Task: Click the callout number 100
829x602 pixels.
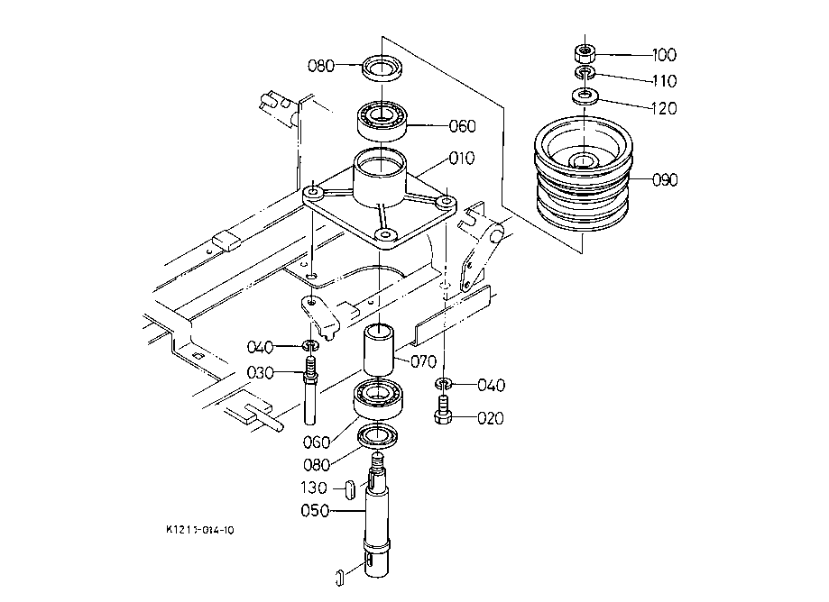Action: pos(664,55)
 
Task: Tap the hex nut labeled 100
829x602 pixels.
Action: pos(585,53)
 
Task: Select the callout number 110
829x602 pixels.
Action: pos(665,81)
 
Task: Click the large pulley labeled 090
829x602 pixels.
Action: pos(583,176)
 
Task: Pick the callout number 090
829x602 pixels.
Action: pos(665,180)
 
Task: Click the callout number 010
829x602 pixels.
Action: pos(462,158)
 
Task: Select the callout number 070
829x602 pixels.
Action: pos(423,361)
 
